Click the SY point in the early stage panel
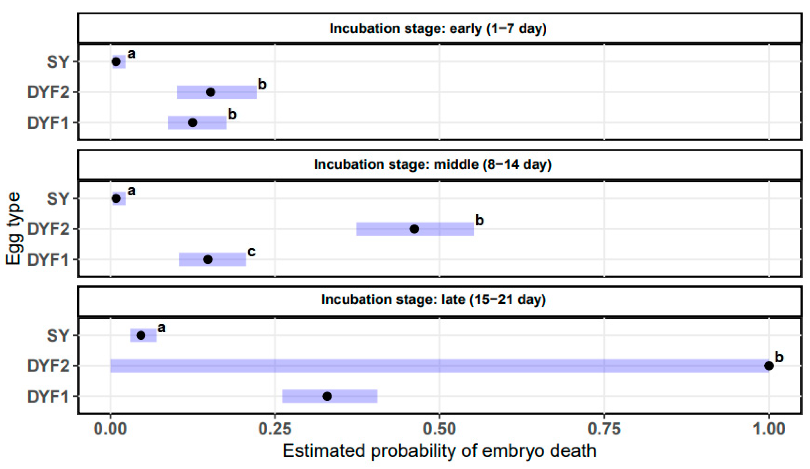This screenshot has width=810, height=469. tap(116, 61)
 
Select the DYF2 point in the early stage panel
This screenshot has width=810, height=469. tap(211, 92)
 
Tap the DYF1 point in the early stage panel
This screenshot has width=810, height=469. tap(192, 123)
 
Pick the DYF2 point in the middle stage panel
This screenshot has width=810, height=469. tap(414, 229)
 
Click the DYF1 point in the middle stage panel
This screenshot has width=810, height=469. tap(208, 259)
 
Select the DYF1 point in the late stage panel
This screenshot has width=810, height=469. tap(327, 396)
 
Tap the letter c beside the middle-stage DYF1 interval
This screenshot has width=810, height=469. tap(252, 252)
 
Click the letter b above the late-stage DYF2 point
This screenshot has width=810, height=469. tap(779, 357)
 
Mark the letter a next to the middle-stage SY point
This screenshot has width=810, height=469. tap(131, 191)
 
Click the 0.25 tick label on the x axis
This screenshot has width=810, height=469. tap(275, 429)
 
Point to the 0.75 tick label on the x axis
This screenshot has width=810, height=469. tap(604, 429)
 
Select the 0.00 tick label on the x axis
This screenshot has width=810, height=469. tap(110, 429)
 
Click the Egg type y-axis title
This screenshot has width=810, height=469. tap(13, 229)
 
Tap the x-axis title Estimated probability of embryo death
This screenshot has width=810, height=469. tap(439, 451)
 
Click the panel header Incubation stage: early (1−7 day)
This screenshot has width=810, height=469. tap(438, 29)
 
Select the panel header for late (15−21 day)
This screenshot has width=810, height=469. tap(434, 300)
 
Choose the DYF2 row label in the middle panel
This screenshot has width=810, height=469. tap(48, 229)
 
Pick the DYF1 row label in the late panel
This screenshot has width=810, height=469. tap(48, 397)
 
